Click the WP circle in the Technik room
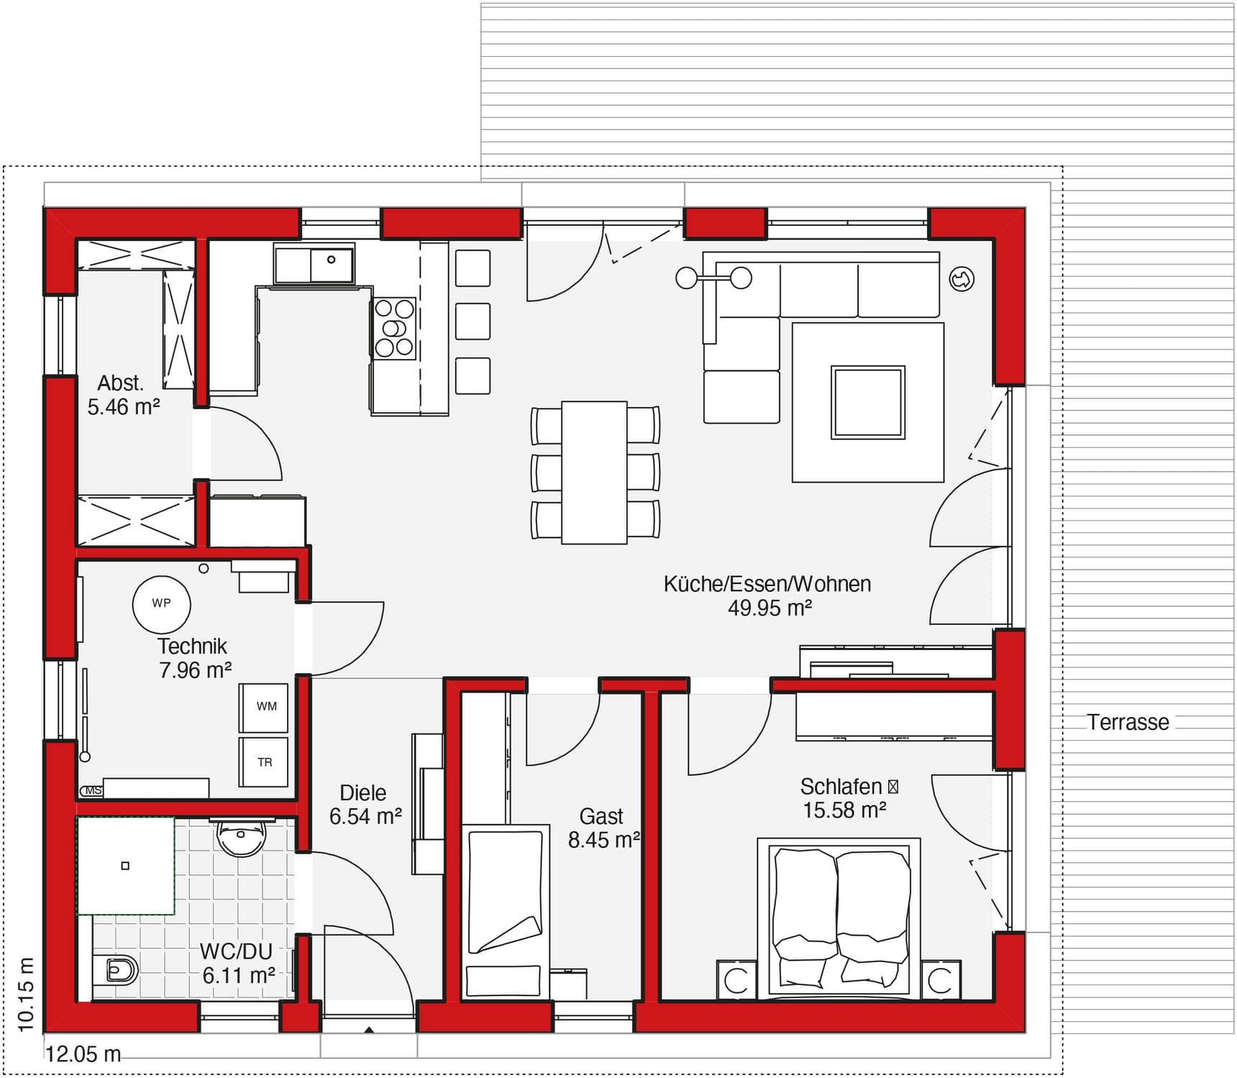point(161,604)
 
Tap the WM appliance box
point(264,707)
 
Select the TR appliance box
point(264,762)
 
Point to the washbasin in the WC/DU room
point(241,838)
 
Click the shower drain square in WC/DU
point(125,866)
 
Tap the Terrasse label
point(1127,722)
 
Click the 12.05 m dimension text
point(83,1054)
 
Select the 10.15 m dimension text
point(26,995)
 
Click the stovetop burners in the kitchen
point(394,329)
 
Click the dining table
point(594,472)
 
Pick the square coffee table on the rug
point(867,402)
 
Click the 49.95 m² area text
point(770,608)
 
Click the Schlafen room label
point(841,787)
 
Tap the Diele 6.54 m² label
point(364,805)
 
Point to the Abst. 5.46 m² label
point(122,395)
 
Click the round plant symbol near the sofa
point(962,279)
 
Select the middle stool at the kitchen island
point(473,321)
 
